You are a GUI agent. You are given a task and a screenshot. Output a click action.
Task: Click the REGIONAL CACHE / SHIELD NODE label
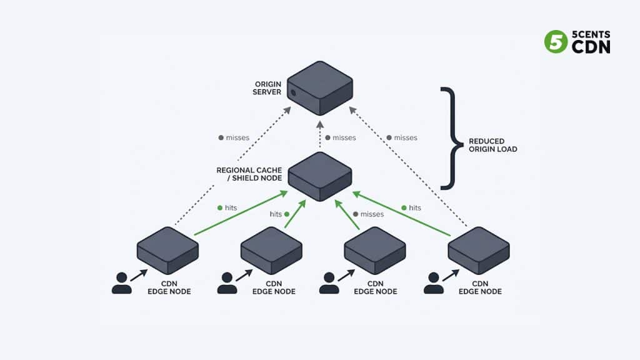[249, 174]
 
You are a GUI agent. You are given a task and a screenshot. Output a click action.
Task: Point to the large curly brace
[449, 138]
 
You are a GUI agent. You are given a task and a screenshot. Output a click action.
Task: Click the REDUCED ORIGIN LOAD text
[492, 145]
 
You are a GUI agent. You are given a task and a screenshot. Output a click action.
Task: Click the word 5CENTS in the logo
[591, 35]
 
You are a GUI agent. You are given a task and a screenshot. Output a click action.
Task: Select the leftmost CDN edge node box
[167, 250]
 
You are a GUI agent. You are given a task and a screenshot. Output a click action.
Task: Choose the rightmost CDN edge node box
[478, 250]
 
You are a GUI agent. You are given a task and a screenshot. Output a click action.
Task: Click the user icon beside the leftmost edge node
[122, 283]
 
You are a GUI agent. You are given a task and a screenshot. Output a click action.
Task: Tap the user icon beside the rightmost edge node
[433, 283]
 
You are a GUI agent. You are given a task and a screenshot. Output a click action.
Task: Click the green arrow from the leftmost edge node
[241, 214]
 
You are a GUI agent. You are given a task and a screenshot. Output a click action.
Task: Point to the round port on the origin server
[293, 92]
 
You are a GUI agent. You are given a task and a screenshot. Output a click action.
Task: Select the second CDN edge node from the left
[271, 250]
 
